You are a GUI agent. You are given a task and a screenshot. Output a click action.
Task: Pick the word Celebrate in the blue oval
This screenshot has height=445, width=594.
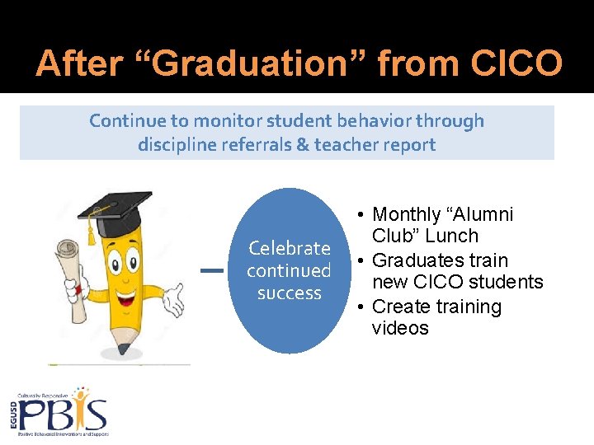tap(289, 248)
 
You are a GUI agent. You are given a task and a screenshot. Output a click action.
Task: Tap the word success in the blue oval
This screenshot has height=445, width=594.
tap(289, 293)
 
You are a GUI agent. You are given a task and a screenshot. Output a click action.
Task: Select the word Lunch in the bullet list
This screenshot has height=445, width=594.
tap(452, 236)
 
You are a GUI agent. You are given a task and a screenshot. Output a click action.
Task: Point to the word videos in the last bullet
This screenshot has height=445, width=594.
tap(400, 328)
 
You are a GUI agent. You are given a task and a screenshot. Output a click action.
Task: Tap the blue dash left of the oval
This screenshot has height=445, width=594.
tap(213, 270)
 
